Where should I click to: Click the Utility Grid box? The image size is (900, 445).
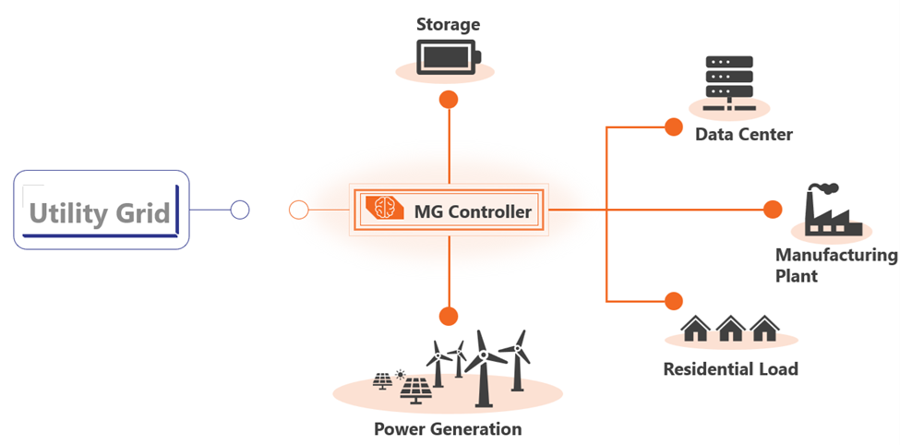(x=101, y=210)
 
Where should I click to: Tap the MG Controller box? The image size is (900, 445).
(x=448, y=211)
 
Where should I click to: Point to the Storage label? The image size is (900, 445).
(x=448, y=23)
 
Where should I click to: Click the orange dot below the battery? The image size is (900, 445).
(x=449, y=100)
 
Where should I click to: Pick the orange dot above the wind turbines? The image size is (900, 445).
(x=449, y=316)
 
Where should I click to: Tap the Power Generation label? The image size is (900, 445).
(x=448, y=429)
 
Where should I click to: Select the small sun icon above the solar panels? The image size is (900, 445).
(x=400, y=374)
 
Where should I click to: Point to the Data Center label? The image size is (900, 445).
(x=743, y=135)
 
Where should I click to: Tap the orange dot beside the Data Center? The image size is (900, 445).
(x=674, y=126)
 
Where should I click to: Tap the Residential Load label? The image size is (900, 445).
(x=730, y=370)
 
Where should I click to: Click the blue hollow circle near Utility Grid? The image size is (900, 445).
(x=240, y=210)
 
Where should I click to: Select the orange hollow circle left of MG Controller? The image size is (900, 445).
(x=298, y=210)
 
